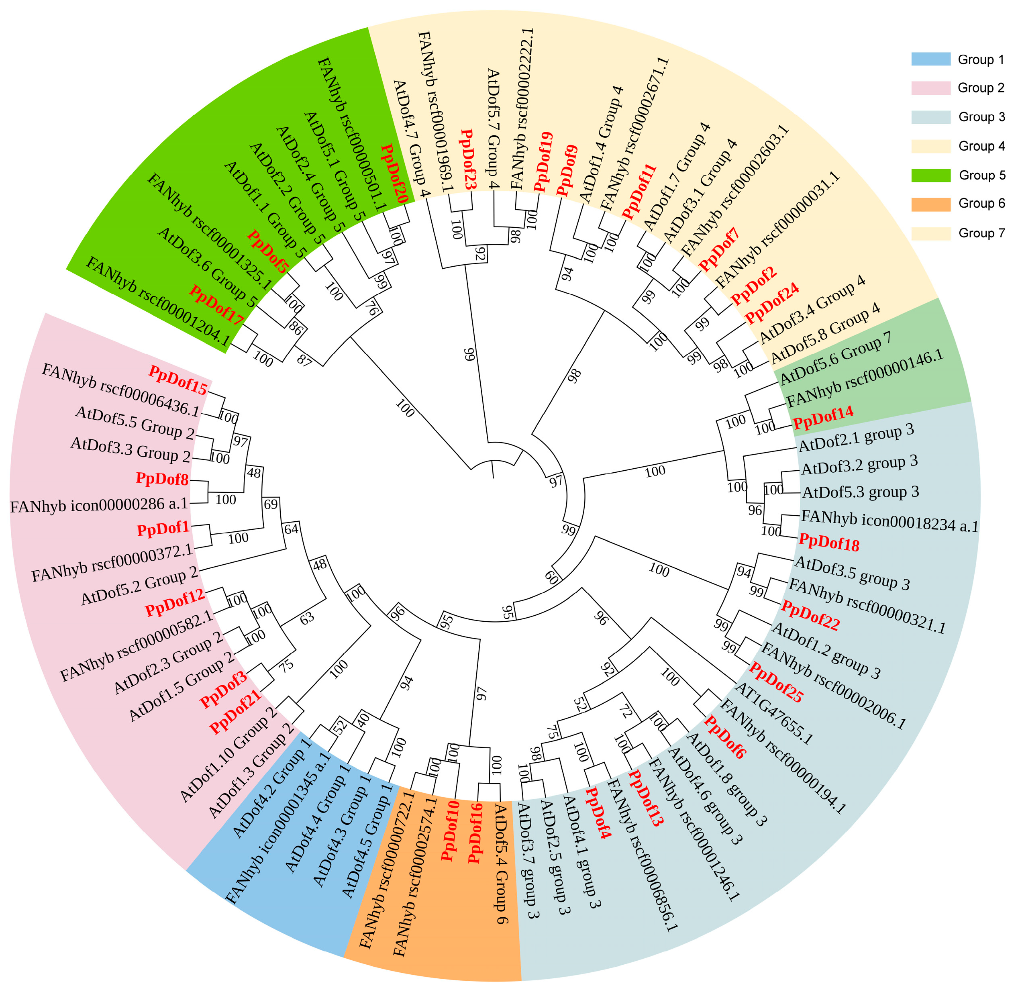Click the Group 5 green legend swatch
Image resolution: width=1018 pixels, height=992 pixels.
(x=930, y=175)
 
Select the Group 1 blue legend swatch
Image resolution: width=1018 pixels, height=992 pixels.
(x=930, y=59)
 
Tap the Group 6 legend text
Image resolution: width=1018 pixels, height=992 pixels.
(x=981, y=203)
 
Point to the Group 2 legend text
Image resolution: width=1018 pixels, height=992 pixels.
(x=981, y=88)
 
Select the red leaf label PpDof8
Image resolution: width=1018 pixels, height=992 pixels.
(x=162, y=479)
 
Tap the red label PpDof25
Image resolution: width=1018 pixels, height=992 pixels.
(x=776, y=682)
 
